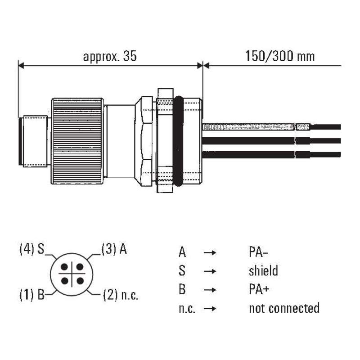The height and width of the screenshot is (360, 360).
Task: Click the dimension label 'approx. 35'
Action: click(109, 57)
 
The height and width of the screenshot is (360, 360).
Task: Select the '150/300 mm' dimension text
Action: click(280, 57)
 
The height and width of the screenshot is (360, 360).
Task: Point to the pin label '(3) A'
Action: click(113, 249)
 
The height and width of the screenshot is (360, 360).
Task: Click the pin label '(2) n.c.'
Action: click(121, 295)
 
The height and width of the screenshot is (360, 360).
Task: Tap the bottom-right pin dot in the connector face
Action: click(78, 281)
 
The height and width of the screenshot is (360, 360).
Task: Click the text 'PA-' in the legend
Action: click(260, 252)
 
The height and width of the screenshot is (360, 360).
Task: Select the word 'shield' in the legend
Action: click(263, 271)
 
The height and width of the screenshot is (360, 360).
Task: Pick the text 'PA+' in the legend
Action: click(260, 289)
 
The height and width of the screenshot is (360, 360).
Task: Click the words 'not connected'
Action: click(284, 308)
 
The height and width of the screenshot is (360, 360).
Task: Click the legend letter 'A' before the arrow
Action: click(182, 252)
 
